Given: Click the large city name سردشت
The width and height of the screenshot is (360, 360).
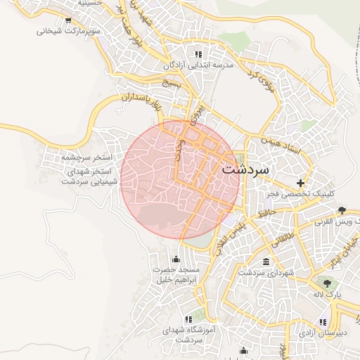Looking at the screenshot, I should pyautogui.click(x=245, y=169).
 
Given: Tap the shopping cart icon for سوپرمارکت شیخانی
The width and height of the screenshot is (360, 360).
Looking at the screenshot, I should pyautogui.click(x=67, y=20).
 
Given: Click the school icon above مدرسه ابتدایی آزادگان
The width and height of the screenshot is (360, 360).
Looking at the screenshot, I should pyautogui.click(x=199, y=53).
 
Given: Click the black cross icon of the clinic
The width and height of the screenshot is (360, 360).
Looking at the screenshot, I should pyautogui.click(x=301, y=183).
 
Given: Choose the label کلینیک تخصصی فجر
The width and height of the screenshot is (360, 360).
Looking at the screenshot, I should pyautogui.click(x=301, y=193).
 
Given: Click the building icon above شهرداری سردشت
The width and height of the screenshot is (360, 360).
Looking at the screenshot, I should pyautogui.click(x=265, y=262).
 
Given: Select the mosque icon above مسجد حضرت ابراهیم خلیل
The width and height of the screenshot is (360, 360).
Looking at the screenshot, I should pyautogui.click(x=175, y=258).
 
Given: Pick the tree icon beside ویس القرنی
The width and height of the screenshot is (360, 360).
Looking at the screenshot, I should pyautogui.click(x=342, y=210).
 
